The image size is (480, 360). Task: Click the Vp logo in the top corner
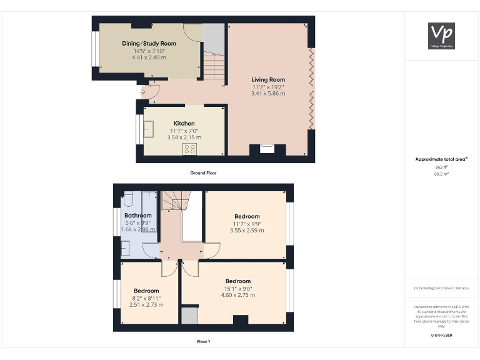click(441, 36)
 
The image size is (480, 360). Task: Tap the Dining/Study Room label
click(149, 44)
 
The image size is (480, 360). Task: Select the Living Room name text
click(268, 80)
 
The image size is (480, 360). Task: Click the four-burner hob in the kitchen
click(189, 149)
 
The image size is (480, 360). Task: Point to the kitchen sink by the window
click(148, 129)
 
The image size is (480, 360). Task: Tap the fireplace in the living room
click(267, 149)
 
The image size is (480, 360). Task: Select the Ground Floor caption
click(203, 172)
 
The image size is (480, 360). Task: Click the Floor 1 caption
click(203, 341)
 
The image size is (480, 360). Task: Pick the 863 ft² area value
click(441, 167)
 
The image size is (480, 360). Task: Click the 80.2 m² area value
click(441, 174)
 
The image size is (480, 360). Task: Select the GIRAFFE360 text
click(441, 336)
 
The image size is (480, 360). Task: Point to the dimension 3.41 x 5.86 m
click(268, 94)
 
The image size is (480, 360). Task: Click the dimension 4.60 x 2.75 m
click(238, 295)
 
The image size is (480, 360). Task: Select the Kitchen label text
click(184, 123)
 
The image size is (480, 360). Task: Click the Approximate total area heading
click(441, 159)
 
